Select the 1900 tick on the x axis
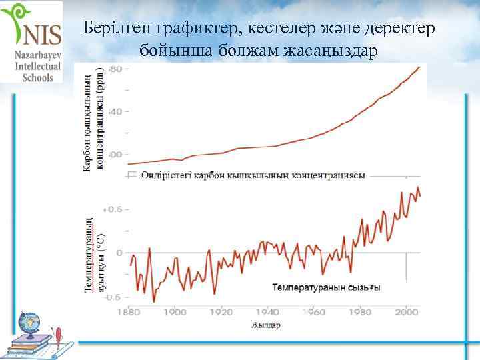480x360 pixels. pos(175,311)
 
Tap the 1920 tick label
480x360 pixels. pos(221,311)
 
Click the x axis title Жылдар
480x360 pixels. pos(266,325)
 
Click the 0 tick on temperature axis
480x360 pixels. pos(119,253)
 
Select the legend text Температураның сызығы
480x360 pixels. pos(326,288)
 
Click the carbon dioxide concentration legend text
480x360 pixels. pos(253,175)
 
